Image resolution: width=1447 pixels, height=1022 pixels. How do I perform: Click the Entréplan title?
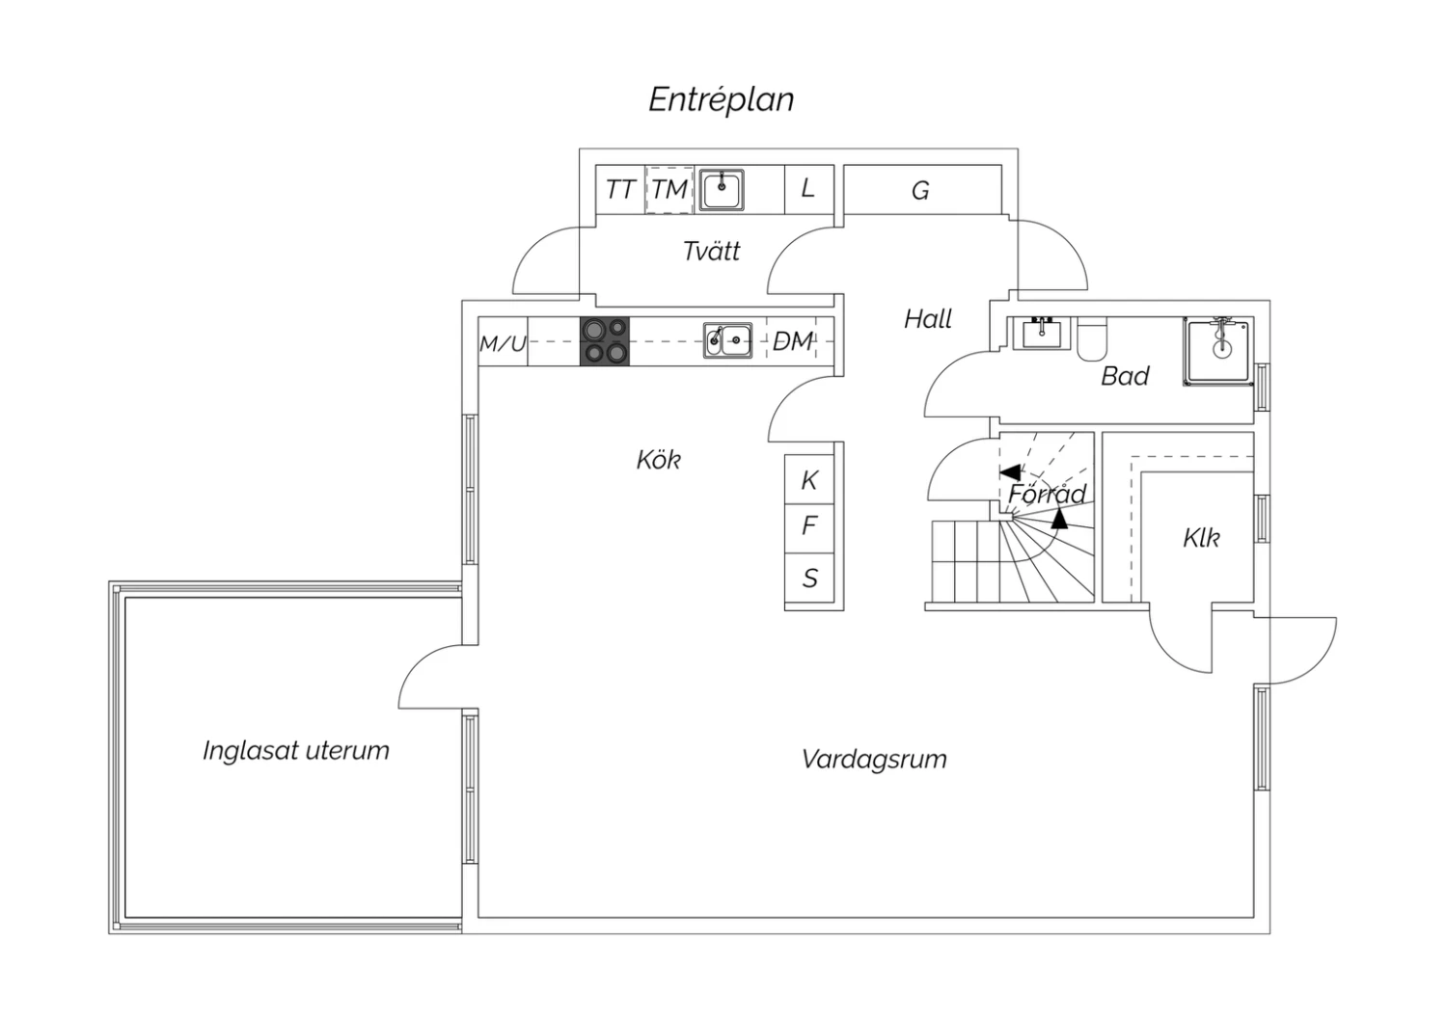pos(721,99)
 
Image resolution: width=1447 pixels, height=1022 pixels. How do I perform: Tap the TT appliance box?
pos(619,189)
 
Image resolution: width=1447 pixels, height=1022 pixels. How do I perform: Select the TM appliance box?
pos(669,189)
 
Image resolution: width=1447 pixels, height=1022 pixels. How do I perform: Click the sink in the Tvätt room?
pos(722,189)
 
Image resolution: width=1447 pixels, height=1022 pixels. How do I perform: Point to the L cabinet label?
pos(807,188)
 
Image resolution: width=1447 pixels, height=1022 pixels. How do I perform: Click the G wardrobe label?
pos(920,191)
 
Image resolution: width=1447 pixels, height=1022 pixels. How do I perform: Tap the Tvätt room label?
pos(711,252)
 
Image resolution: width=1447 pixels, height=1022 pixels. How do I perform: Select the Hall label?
pos(927,319)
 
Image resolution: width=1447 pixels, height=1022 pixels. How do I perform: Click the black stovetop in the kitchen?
pos(605,341)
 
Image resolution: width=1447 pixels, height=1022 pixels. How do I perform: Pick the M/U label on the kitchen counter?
pos(503,343)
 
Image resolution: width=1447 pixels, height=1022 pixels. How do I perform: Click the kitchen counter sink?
pos(727,340)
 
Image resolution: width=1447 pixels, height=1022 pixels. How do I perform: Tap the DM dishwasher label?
pos(793,341)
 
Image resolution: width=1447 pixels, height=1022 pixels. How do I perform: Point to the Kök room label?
pos(658,460)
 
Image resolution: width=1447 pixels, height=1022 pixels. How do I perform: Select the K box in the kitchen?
pos(809,480)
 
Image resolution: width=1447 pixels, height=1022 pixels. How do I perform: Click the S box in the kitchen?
pos(809,578)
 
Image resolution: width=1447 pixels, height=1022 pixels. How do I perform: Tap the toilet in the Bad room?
pos(1093,338)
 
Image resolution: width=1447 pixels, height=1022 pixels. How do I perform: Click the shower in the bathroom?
pos(1219,352)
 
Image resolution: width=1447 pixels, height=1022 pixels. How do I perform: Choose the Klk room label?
pos(1201,538)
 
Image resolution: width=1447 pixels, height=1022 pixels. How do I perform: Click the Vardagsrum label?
pos(874,760)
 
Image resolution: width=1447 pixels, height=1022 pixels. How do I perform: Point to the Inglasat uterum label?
pos(296,751)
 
